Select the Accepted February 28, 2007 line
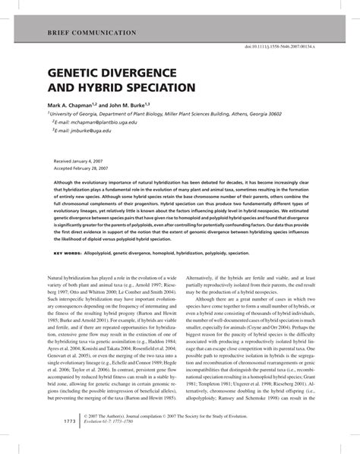90,169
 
